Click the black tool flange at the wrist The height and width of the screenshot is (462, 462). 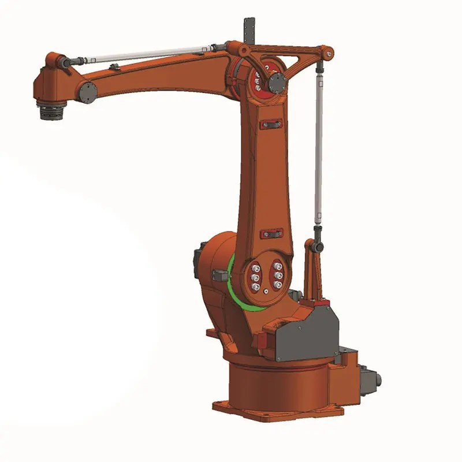pyautogui.click(x=51, y=110)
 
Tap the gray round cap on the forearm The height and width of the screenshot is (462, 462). pyautogui.click(x=88, y=91)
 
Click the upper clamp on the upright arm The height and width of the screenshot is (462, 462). pyautogui.click(x=271, y=124)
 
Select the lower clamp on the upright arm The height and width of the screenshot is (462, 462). pyautogui.click(x=271, y=234)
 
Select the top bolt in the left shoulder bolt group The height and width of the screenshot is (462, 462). pyautogui.click(x=254, y=267)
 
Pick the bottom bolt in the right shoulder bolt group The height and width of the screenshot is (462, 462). pyautogui.click(x=278, y=285)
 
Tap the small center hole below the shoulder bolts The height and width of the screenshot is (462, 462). pyautogui.click(x=265, y=296)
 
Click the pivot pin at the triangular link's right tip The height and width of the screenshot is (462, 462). pyautogui.click(x=329, y=54)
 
